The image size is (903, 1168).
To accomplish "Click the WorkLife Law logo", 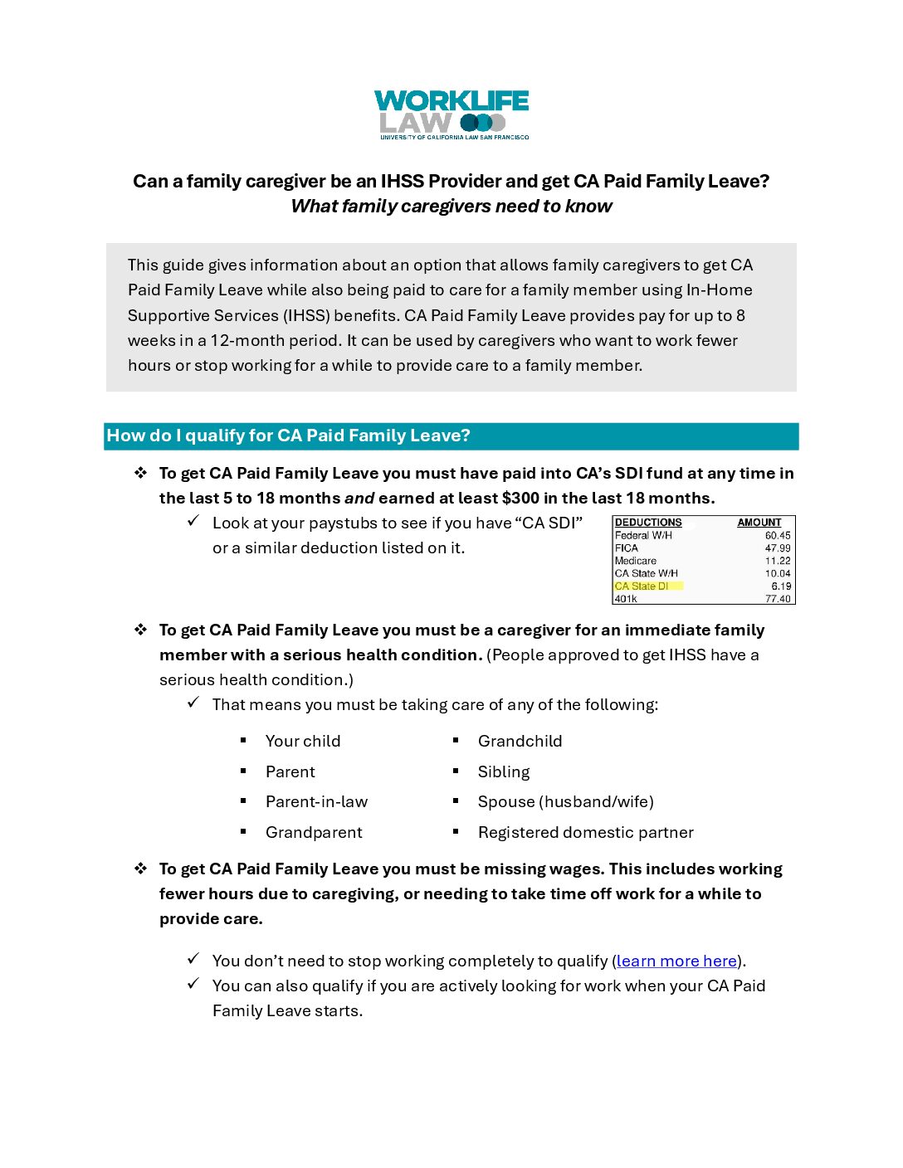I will tap(451, 114).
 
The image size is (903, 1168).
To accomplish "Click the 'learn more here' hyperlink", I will tap(676, 961).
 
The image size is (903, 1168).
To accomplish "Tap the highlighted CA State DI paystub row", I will tap(648, 586).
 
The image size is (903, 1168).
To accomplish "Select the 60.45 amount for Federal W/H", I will tap(778, 536).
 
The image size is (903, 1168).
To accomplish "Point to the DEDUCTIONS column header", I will tap(648, 523).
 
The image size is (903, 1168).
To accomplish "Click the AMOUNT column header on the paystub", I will tap(759, 523).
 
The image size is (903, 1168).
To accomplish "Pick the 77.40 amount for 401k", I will tap(778, 599).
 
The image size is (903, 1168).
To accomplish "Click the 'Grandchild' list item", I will tap(520, 741).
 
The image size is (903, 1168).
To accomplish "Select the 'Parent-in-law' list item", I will tap(316, 801).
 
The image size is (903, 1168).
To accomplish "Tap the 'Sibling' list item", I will tap(504, 771).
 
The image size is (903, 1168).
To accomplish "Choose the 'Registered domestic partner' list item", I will tap(585, 832).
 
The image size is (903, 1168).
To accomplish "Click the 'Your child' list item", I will tap(303, 741).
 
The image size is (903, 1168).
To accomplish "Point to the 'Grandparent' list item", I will tap(314, 832).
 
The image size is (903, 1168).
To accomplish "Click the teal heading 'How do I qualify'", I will tap(288, 436).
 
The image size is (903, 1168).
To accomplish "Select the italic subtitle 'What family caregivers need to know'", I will tap(451, 207).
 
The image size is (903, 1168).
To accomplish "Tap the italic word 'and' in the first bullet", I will tap(359, 498).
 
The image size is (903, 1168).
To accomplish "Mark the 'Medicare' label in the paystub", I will tap(636, 561).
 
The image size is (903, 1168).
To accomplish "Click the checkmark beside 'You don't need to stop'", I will tap(193, 959).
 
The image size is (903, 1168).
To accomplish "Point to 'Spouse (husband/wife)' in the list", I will tap(565, 801).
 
